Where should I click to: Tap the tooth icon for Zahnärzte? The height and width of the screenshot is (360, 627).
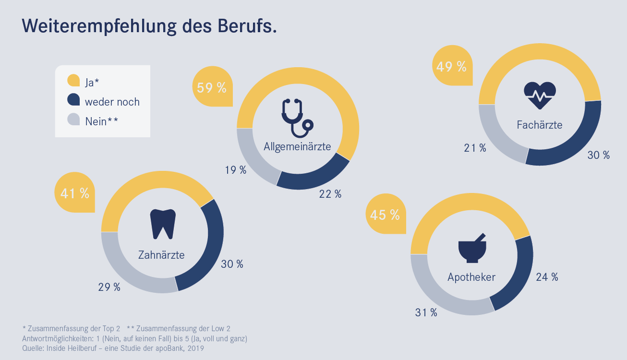(163, 224)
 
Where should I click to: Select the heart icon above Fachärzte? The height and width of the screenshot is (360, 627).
(540, 96)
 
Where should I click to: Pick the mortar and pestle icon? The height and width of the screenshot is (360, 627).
(472, 248)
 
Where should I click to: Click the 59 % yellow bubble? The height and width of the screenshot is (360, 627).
(212, 87)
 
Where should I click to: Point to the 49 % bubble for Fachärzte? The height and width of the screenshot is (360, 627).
(451, 66)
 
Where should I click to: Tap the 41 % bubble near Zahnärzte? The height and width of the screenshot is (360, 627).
(74, 193)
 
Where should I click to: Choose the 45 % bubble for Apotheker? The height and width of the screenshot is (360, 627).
(385, 215)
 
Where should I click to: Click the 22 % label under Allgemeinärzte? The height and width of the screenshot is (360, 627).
(330, 194)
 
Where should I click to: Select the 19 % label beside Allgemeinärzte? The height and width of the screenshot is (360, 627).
(235, 170)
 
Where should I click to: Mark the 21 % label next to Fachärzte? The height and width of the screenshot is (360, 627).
(475, 148)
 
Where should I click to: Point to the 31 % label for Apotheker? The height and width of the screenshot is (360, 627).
(426, 312)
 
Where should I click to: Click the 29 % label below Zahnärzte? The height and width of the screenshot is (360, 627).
(109, 287)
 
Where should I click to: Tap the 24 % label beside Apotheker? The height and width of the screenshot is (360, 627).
(547, 277)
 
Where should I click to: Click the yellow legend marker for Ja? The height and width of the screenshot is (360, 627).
(73, 81)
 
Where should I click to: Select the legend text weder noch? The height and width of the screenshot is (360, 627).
(112, 102)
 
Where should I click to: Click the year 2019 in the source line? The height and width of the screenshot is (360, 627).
(195, 348)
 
